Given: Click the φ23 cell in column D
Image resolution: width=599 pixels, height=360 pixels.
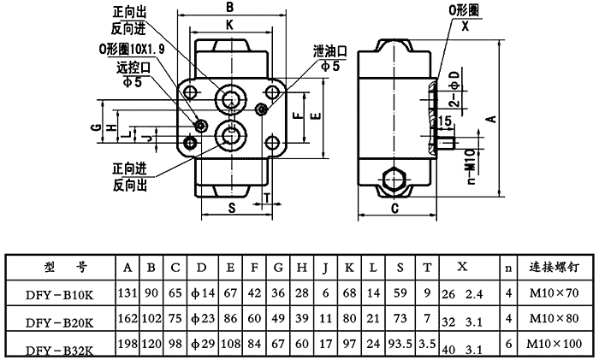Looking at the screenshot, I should (x=202, y=320).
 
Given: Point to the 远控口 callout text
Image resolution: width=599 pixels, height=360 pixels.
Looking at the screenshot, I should (x=125, y=66).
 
